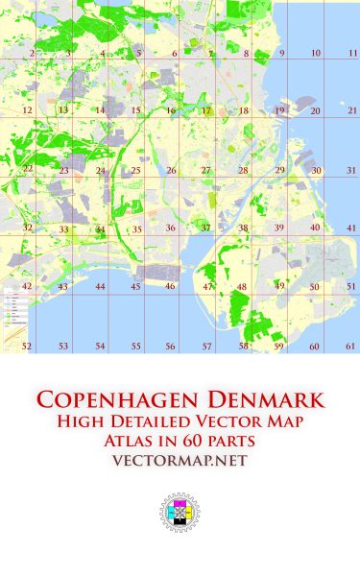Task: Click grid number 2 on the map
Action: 32,54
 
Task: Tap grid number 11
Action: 352,54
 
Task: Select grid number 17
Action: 205,111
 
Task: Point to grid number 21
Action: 352,111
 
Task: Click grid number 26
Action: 171,171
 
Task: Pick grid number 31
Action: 352,171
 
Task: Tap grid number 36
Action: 170,228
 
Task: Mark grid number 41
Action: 352,228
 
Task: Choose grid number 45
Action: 135,287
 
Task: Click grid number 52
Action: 27,346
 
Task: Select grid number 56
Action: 170,346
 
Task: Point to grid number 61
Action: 352,346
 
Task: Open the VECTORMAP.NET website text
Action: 180,462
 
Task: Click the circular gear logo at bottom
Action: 180,516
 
